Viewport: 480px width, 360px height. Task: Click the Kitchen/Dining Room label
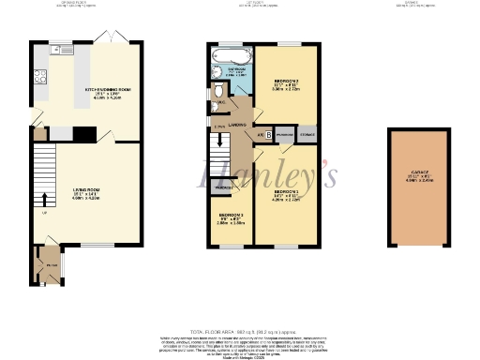(106, 92)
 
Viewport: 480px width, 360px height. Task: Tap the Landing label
(236, 123)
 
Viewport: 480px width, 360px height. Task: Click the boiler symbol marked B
(269, 134)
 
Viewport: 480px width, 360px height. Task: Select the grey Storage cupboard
(307, 134)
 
